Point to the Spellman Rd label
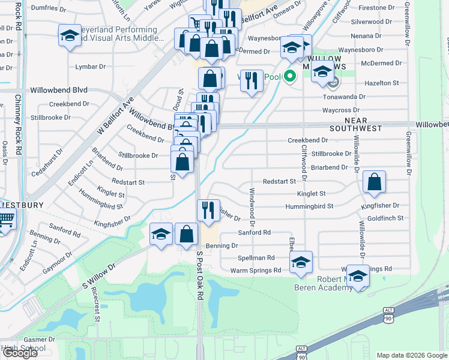[256, 257]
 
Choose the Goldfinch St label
[385, 218]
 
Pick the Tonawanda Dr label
[344, 97]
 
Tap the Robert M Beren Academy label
[323, 284]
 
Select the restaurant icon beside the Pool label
[252, 79]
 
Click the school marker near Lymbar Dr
[70, 35]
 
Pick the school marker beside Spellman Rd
[301, 262]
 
